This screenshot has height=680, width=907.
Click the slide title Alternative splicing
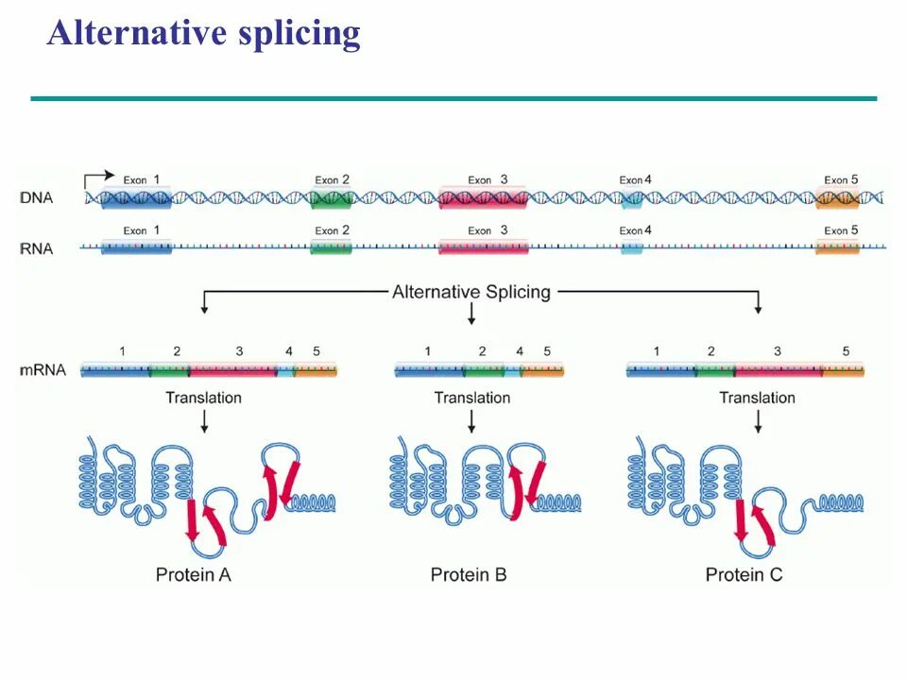click(204, 33)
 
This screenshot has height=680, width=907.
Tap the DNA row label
click(36, 198)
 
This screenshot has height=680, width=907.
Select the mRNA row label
click(43, 369)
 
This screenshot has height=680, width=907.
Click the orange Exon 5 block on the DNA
click(837, 198)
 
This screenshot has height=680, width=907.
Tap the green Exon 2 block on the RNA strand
click(331, 247)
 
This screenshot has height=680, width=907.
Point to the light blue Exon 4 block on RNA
click(631, 247)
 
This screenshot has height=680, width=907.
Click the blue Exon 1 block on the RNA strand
click(136, 247)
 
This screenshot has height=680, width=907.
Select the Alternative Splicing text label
click(471, 291)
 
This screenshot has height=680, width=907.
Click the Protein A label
click(194, 574)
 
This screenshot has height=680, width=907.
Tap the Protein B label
click(469, 574)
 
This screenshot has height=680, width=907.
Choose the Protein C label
click(744, 574)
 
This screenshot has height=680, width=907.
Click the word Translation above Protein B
click(471, 398)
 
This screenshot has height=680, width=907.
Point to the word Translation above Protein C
click(757, 398)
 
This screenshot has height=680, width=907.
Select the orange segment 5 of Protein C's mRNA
click(843, 370)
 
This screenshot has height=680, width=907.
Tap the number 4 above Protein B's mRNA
click(520, 351)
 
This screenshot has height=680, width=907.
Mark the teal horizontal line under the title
click(453, 98)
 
